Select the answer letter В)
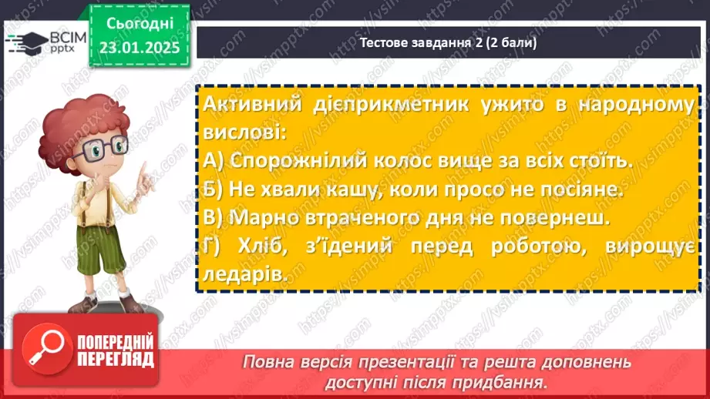pos(214,218)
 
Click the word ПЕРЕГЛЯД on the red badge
pos(115,359)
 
